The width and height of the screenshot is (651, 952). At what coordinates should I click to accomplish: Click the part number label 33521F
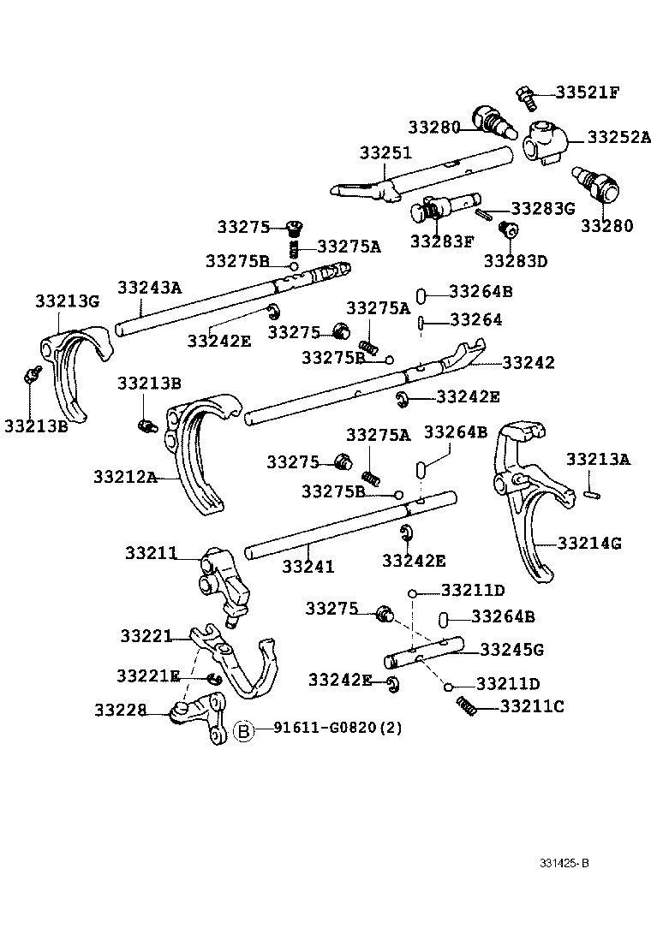587,93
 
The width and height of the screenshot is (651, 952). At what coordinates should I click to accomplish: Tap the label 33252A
618,137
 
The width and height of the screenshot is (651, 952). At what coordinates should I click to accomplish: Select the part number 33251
385,153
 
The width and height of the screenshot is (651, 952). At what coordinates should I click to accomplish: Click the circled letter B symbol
244,730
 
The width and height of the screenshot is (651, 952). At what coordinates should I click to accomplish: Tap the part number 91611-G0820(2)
337,729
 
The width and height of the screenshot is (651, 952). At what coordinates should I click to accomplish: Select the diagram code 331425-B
564,863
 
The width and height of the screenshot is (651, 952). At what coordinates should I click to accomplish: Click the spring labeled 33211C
466,705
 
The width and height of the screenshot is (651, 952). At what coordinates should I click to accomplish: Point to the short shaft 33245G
423,654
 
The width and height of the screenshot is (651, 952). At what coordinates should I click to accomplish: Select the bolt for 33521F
526,98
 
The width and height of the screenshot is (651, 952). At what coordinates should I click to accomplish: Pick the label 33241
308,566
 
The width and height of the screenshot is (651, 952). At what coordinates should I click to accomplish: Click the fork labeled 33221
240,663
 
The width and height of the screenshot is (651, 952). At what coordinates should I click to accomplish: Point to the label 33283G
541,207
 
